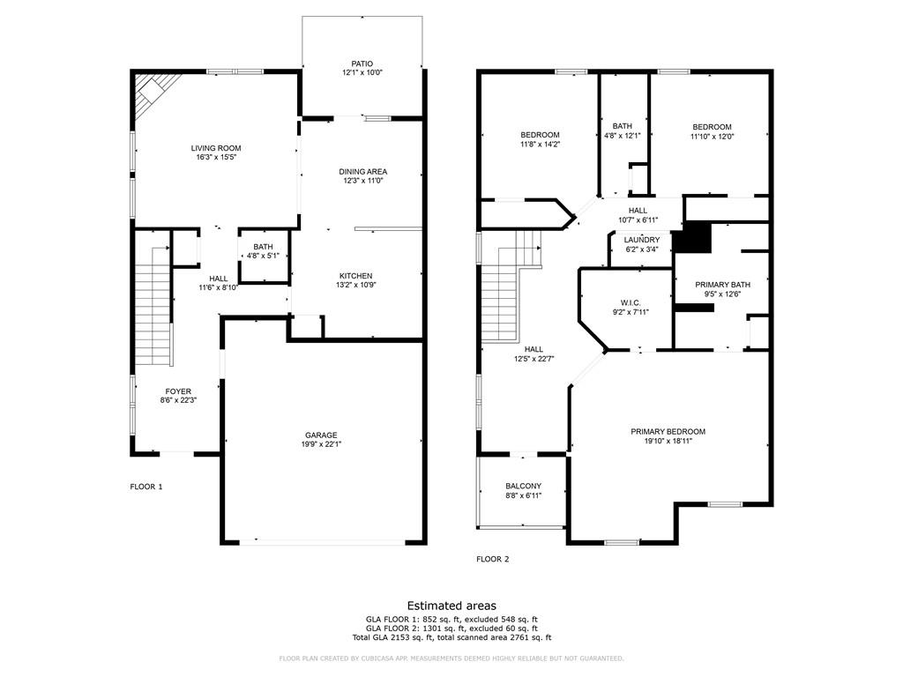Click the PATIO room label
(362, 63)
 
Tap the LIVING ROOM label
(216, 148)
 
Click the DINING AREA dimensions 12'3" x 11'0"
(363, 181)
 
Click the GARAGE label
(321, 435)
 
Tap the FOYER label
(178, 391)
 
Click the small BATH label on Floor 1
(263, 247)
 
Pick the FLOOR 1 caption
(146, 487)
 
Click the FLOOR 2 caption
(492, 559)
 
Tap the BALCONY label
(523, 487)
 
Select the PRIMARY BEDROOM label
(668, 431)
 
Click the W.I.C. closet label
(630, 302)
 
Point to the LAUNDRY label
(641, 240)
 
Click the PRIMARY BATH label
(722, 285)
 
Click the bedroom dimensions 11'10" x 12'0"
(712, 137)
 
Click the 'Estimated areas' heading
(451, 606)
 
